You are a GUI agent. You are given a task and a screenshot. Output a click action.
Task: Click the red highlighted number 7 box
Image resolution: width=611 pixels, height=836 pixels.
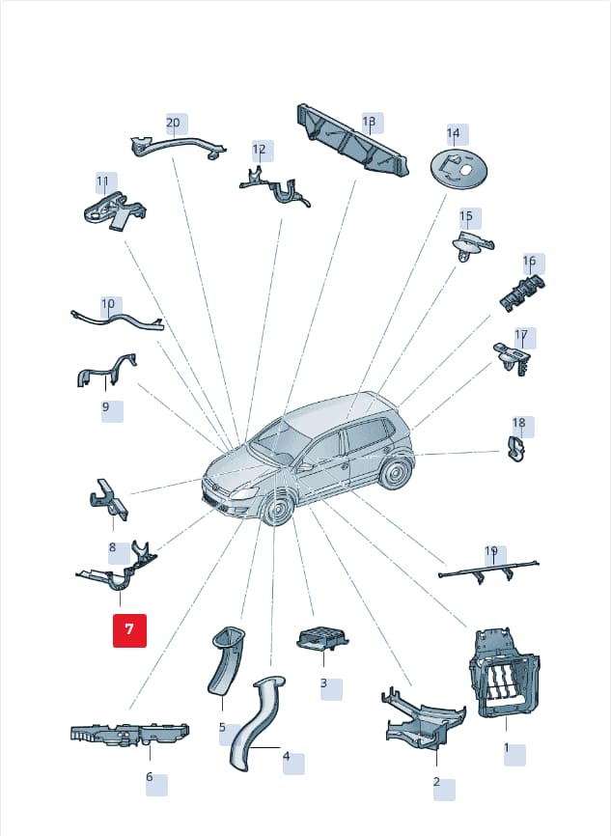129,630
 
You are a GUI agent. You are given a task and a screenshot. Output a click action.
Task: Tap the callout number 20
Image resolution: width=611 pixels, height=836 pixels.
174,124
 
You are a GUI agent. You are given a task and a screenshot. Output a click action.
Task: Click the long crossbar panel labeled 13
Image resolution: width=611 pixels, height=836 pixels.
353,140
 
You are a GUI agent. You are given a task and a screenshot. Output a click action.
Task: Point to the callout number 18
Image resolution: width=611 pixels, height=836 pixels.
518,424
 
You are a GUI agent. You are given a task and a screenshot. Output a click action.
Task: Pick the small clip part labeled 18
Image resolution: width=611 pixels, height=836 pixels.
515,450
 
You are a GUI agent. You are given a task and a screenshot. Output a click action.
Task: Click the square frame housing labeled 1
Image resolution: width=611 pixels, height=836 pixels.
504,672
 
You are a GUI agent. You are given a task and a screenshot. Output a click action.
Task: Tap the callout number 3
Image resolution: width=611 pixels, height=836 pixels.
323,683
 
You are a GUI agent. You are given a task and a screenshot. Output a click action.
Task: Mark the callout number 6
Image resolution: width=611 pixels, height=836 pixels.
150,777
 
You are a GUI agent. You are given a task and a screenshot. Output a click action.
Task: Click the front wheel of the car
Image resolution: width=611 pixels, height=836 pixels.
278,511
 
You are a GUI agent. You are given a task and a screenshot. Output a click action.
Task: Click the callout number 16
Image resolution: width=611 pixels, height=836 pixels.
529,262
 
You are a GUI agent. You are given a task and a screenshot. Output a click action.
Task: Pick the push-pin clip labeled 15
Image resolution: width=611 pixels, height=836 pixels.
473,246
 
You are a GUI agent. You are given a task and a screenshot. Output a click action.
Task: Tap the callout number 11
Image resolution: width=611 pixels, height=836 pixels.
103,181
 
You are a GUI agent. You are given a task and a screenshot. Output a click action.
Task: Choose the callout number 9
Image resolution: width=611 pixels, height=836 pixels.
105,406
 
